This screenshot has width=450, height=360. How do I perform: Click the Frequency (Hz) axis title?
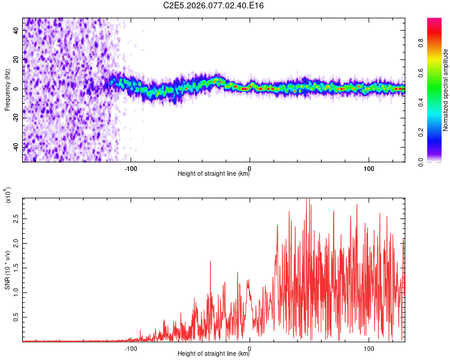point(7,89)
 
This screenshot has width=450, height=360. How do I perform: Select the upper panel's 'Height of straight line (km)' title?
point(214,174)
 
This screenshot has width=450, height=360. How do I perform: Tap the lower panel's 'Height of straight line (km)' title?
point(214,353)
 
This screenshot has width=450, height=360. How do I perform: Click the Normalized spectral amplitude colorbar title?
point(445,90)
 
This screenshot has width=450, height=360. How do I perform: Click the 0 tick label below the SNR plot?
point(250,347)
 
